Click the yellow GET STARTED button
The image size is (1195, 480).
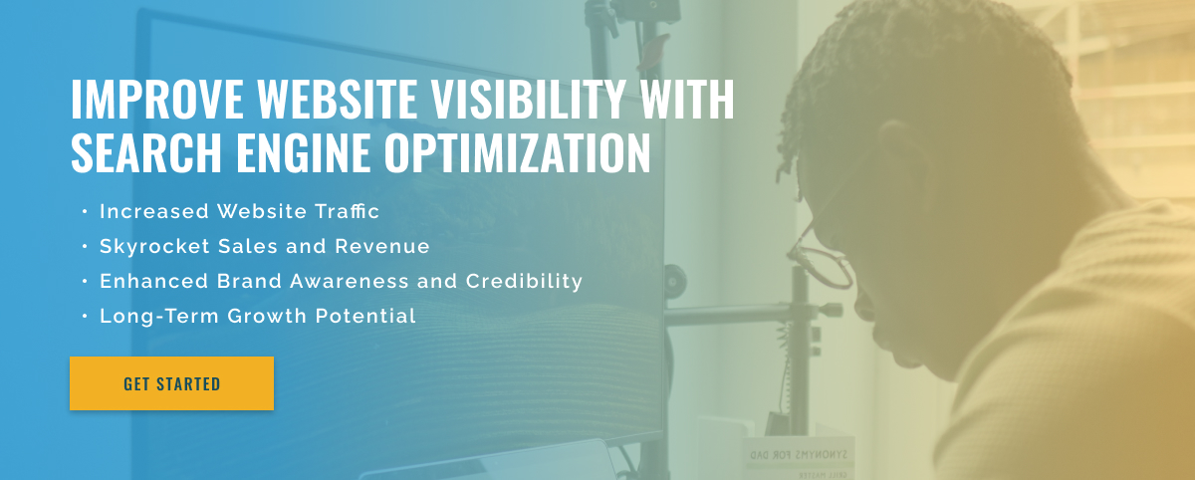pos(171,383)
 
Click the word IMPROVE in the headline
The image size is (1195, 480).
pos(157,99)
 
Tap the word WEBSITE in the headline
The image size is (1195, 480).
pos(337,99)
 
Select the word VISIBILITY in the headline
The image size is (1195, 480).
pos(528,99)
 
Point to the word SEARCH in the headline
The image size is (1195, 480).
pos(145,152)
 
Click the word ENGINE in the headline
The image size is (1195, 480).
pos(303,152)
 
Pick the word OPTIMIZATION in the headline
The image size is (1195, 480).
pos(518,152)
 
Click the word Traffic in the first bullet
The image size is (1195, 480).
pos(347,211)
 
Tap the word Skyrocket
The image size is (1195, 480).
pos(154,247)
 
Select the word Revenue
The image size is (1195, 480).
pos(382,246)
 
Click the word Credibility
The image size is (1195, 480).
pos(524,282)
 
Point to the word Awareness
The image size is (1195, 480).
pos(349,281)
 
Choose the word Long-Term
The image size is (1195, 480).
pos(159,316)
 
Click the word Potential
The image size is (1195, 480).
pos(365,316)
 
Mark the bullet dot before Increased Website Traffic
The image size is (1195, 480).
pos(85,212)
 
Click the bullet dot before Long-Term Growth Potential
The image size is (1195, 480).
pos(85,317)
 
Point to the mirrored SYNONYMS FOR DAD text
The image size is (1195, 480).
pos(799,455)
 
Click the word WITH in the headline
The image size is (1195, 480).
pos(687,99)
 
